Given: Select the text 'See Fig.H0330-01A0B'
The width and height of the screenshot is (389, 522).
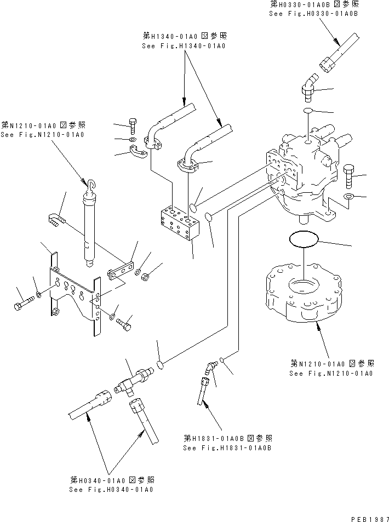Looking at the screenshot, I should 313,13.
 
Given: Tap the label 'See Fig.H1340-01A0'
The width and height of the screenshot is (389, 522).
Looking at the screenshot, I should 183,46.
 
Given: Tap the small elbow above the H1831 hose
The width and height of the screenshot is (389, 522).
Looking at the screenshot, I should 209,369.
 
